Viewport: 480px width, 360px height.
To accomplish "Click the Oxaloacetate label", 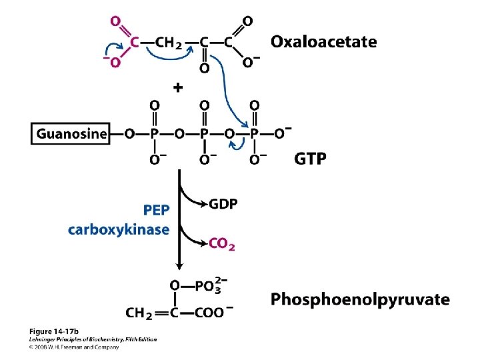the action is click(x=323, y=43).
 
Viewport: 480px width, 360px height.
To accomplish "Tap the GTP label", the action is click(x=310, y=159).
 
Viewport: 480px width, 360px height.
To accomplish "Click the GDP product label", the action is click(x=223, y=204).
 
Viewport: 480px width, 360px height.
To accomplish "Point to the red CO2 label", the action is click(x=221, y=245).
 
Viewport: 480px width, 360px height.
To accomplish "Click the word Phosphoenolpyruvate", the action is click(x=360, y=299).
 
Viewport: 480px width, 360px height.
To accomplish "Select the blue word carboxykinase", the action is click(x=119, y=230).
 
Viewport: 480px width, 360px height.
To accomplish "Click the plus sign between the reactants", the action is click(x=178, y=87).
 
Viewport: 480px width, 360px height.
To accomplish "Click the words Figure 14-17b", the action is click(x=53, y=331).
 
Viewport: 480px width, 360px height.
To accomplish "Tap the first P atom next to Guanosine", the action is click(x=155, y=133).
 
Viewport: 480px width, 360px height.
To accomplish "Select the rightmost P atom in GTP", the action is click(x=254, y=133).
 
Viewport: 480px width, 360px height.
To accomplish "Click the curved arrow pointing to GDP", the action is click(x=193, y=197).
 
